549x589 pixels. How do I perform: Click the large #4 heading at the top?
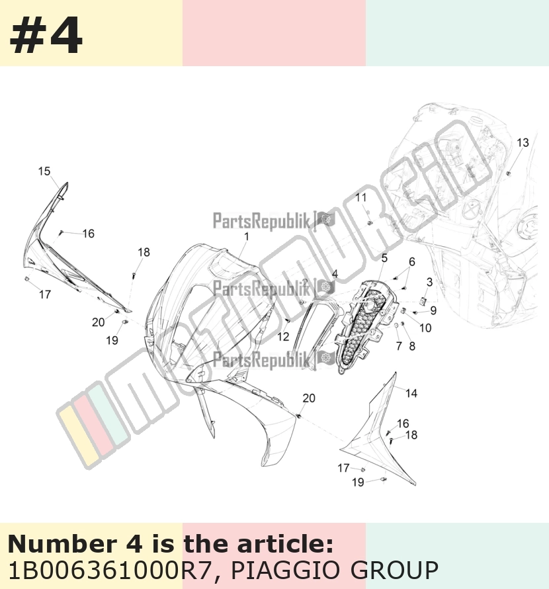tap(46, 36)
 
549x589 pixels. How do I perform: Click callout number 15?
tap(44, 171)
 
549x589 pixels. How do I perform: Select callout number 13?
tap(523, 143)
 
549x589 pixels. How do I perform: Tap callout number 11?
tap(361, 197)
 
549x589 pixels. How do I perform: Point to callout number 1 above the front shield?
tap(246, 237)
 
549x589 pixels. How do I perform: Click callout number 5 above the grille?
tap(384, 258)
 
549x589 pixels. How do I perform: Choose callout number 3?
tap(429, 282)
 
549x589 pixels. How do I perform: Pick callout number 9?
tap(433, 310)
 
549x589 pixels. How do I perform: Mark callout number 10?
tap(425, 328)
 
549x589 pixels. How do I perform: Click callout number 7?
tap(399, 346)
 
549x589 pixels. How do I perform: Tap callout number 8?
tap(412, 346)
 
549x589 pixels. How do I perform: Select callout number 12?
tap(283, 337)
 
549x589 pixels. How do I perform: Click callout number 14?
tap(411, 393)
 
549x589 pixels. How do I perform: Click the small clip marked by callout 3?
tap(423, 301)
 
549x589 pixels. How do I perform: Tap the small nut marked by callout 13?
tap(509, 173)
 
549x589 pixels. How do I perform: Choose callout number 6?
tap(412, 262)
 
